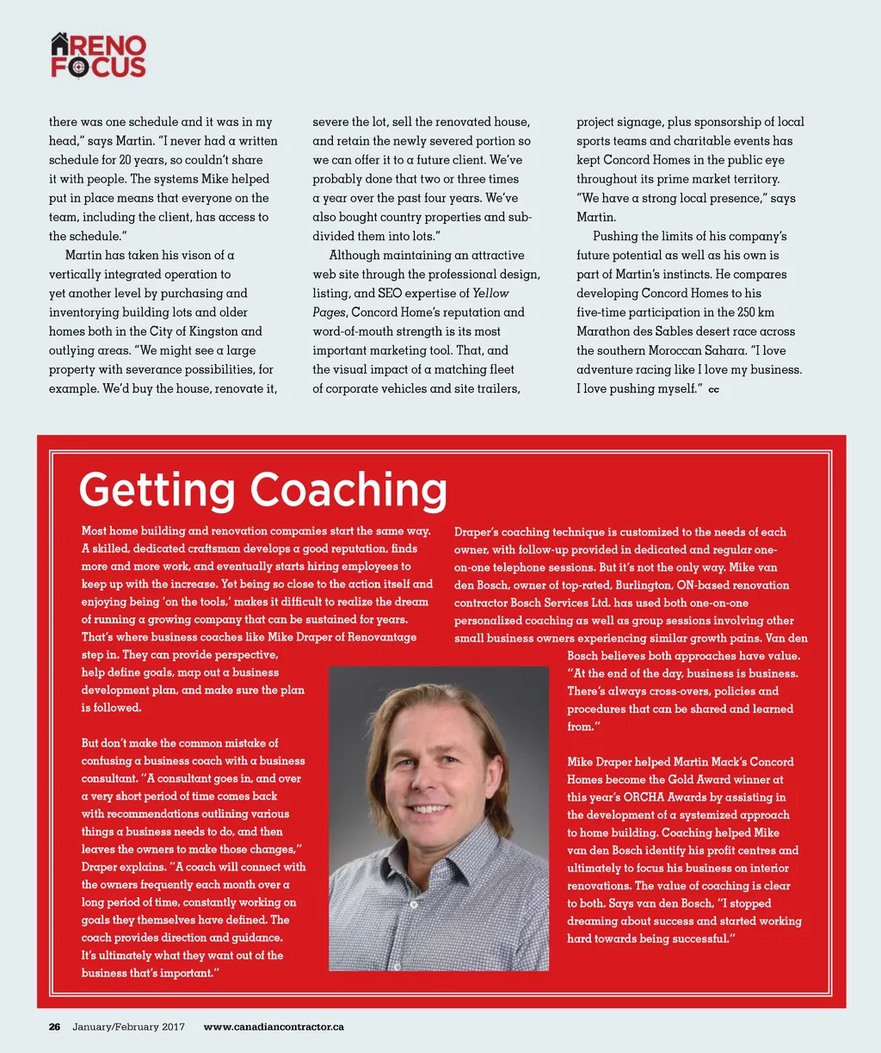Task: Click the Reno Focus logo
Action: pos(98,57)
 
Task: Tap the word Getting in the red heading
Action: pos(156,490)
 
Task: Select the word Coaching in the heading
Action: pos(348,490)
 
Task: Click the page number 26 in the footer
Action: pos(54,1026)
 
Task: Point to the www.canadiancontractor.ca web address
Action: pos(274,1026)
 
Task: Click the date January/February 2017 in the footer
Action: pos(128,1026)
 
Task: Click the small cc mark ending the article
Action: pos(713,390)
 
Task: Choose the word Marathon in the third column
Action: pos(601,331)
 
